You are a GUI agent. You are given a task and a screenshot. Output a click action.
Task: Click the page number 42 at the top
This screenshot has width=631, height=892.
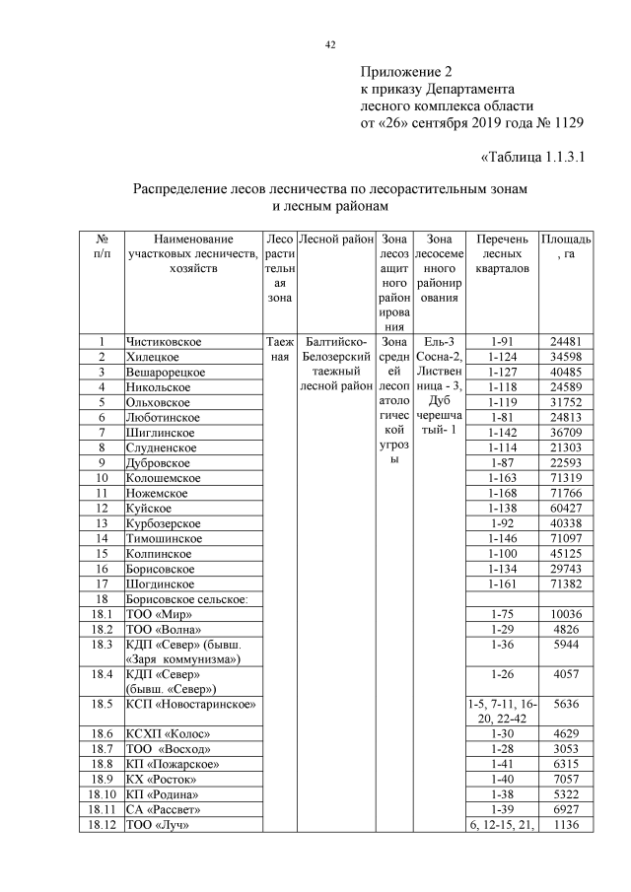coord(331,44)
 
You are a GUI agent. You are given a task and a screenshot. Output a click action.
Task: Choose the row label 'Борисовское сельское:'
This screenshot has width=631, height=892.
coord(185,599)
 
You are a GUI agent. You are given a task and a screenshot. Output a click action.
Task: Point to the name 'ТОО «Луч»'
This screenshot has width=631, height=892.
coord(156,825)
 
